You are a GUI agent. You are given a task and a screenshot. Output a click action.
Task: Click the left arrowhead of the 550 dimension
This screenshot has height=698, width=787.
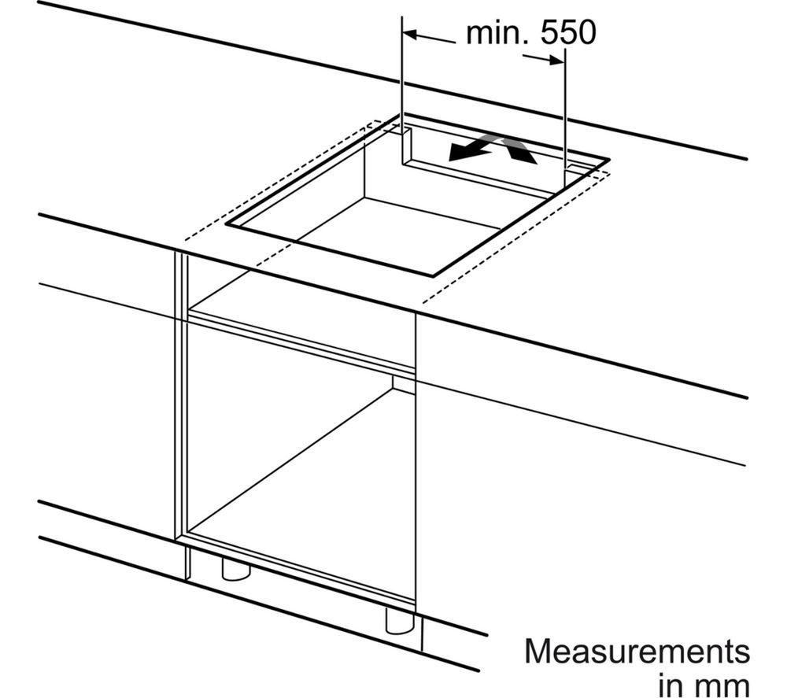409,34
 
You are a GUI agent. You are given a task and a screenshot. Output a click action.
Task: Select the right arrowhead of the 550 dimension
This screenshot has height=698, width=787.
556,61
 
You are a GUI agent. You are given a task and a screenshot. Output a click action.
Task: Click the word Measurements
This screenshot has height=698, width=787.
637,652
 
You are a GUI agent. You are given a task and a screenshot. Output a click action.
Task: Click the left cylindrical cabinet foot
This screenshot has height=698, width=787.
236,568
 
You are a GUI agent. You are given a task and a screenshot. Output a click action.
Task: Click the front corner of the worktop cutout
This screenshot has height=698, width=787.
433,276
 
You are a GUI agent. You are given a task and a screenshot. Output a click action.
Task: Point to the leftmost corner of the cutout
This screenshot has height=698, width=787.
227,223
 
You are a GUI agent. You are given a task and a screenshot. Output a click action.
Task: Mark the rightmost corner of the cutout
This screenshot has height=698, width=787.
609,160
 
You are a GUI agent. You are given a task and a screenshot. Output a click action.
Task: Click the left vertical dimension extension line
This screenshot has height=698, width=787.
402,90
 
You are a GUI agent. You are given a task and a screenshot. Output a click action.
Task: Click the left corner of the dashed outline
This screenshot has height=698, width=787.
186,239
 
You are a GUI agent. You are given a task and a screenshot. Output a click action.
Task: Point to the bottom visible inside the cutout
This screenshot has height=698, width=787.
397,226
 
